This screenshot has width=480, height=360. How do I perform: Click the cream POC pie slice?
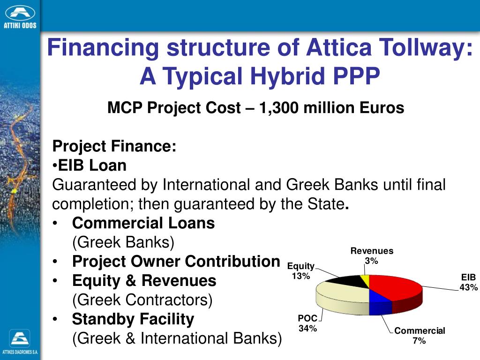(x=342, y=298)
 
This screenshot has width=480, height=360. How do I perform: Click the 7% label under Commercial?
(x=419, y=341)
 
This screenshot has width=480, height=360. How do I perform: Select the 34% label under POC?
(x=308, y=329)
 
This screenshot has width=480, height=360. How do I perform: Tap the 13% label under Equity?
(x=301, y=276)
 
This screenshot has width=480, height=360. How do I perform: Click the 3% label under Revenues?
(x=372, y=261)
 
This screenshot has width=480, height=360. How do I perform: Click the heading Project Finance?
(x=114, y=146)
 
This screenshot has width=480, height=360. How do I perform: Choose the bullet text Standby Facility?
(x=133, y=319)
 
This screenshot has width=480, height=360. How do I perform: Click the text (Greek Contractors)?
(x=142, y=300)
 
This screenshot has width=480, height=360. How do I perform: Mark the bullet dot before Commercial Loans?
(x=56, y=224)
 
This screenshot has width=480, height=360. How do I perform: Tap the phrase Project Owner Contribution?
(x=176, y=262)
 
